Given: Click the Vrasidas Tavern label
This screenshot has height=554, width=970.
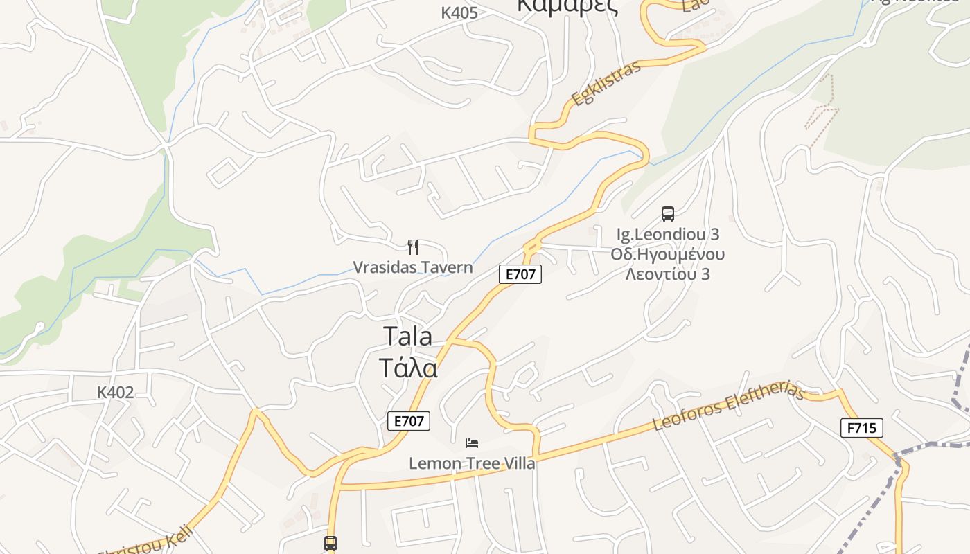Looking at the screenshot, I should click(413, 267).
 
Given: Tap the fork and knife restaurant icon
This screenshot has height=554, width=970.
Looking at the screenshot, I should click(413, 247).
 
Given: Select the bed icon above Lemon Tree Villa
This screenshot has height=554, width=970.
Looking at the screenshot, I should click(472, 442).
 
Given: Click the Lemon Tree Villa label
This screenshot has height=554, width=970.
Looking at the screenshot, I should click(472, 463).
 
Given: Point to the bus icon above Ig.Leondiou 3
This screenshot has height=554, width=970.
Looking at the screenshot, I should click(668, 214).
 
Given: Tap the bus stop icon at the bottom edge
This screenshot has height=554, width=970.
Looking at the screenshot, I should click(330, 544).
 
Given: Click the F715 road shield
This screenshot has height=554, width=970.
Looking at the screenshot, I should click(862, 428).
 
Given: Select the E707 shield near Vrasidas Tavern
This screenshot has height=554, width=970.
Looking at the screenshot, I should click(520, 274).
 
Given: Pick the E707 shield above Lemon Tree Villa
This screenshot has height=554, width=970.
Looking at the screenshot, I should click(409, 420).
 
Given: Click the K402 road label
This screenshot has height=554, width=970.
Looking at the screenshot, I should click(115, 393).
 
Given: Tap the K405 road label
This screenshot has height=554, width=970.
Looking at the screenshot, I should click(459, 12).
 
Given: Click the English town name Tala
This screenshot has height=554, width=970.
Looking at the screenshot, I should click(408, 337).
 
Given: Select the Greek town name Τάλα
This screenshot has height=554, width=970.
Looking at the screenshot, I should click(408, 368).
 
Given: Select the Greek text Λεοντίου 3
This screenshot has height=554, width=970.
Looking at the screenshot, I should click(668, 274).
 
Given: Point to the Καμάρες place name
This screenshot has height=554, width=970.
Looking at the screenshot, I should click(567, 6).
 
